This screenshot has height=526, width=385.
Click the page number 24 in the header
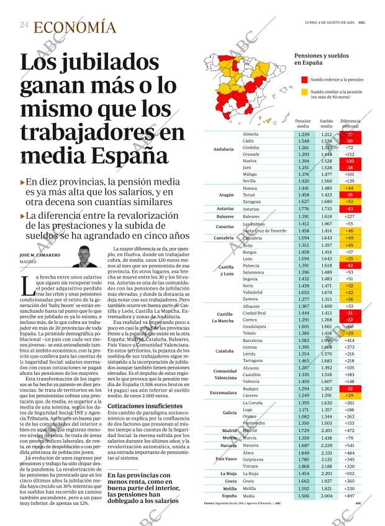(x=24, y=25)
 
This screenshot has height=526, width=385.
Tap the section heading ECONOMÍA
(x=75, y=27)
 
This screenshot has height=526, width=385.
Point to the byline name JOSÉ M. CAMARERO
(x=40, y=255)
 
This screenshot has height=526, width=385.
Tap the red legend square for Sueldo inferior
(x=304, y=80)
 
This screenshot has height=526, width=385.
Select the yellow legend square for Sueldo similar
(x=304, y=93)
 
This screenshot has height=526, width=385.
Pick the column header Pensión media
(x=303, y=123)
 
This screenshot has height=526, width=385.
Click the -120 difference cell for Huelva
(x=349, y=160)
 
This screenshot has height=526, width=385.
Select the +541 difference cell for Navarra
(x=349, y=445)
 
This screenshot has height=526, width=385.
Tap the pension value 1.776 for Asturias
(x=303, y=209)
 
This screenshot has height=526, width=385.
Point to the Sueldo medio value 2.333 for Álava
(x=326, y=453)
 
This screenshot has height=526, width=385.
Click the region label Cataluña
(x=224, y=351)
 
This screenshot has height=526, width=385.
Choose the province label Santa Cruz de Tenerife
(x=265, y=231)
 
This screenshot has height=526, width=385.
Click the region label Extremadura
(x=225, y=375)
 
